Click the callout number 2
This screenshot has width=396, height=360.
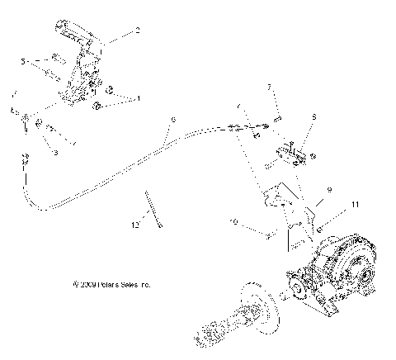coord(137,31)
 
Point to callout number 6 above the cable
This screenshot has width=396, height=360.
coord(172,120)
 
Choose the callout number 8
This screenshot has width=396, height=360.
coord(314,118)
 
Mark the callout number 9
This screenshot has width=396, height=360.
coord(328,189)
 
